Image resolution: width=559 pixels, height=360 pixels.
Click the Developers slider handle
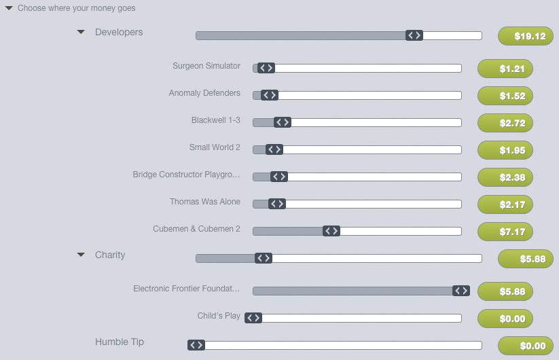[414, 35]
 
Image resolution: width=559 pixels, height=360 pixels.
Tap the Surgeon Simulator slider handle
[266, 68]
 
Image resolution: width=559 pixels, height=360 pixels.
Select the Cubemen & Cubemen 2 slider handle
[331, 231]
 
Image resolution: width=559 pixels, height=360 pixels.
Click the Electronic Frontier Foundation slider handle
[461, 291]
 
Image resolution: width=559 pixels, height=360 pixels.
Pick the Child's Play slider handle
[253, 318]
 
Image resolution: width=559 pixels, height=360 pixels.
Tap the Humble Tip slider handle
[196, 345]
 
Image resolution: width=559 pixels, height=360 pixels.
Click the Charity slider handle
[264, 258]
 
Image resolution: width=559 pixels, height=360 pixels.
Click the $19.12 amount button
[525, 36]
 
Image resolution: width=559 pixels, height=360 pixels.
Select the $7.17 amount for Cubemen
[505, 232]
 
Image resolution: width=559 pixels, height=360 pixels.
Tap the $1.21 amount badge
[505, 69]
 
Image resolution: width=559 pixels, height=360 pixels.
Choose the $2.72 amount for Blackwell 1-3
[505, 123]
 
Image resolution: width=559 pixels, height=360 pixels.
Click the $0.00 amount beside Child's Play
[505, 319]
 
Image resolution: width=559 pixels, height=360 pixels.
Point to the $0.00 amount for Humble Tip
[525, 346]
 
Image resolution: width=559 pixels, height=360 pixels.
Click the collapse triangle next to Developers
[81, 32]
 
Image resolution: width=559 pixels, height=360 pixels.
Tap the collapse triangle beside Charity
[81, 255]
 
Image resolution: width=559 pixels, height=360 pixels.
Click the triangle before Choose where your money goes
[9, 8]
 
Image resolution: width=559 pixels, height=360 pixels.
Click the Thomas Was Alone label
[204, 202]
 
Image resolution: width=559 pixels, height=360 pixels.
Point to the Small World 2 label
[215, 147]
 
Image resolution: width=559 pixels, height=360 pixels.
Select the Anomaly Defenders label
[204, 93]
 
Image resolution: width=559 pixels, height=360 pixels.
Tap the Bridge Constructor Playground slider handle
[278, 177]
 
